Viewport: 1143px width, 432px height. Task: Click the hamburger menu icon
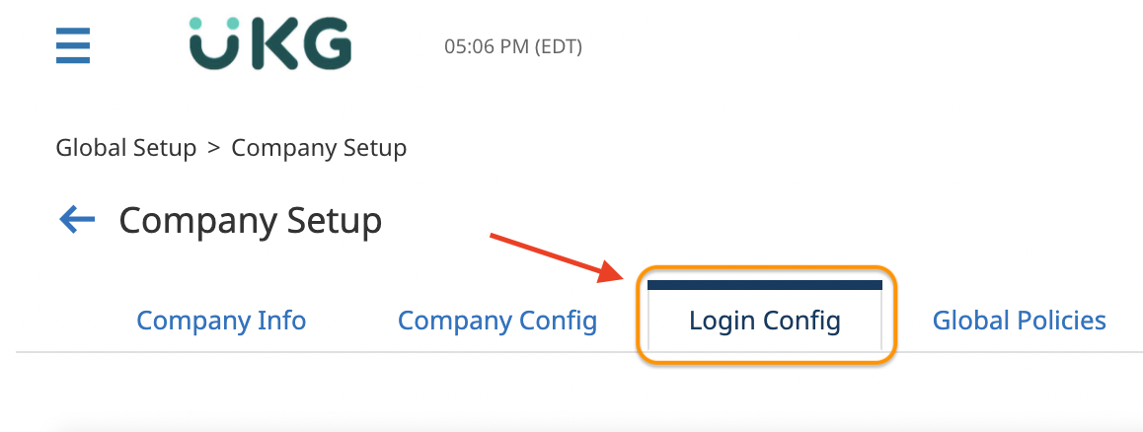[73, 45]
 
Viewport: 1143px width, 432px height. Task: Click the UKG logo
[269, 44]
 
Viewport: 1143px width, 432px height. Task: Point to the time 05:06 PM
[487, 46]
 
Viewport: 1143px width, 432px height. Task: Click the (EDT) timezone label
[558, 46]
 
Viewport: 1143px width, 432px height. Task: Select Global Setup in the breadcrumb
[126, 148]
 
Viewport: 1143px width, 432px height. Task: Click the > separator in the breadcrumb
[214, 148]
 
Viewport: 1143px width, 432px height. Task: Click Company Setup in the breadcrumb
[319, 148]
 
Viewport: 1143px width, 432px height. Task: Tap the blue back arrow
[77, 220]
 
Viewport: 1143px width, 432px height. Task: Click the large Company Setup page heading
[251, 220]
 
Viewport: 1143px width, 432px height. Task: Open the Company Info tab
[221, 321]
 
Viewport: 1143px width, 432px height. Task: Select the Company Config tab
[497, 321]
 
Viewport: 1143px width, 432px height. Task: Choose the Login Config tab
[765, 321]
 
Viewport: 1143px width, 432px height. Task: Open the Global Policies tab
[1019, 321]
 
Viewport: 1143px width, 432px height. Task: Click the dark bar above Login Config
[765, 285]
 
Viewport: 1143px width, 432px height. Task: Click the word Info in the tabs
[282, 321]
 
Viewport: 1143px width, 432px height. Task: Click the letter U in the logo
[214, 46]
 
